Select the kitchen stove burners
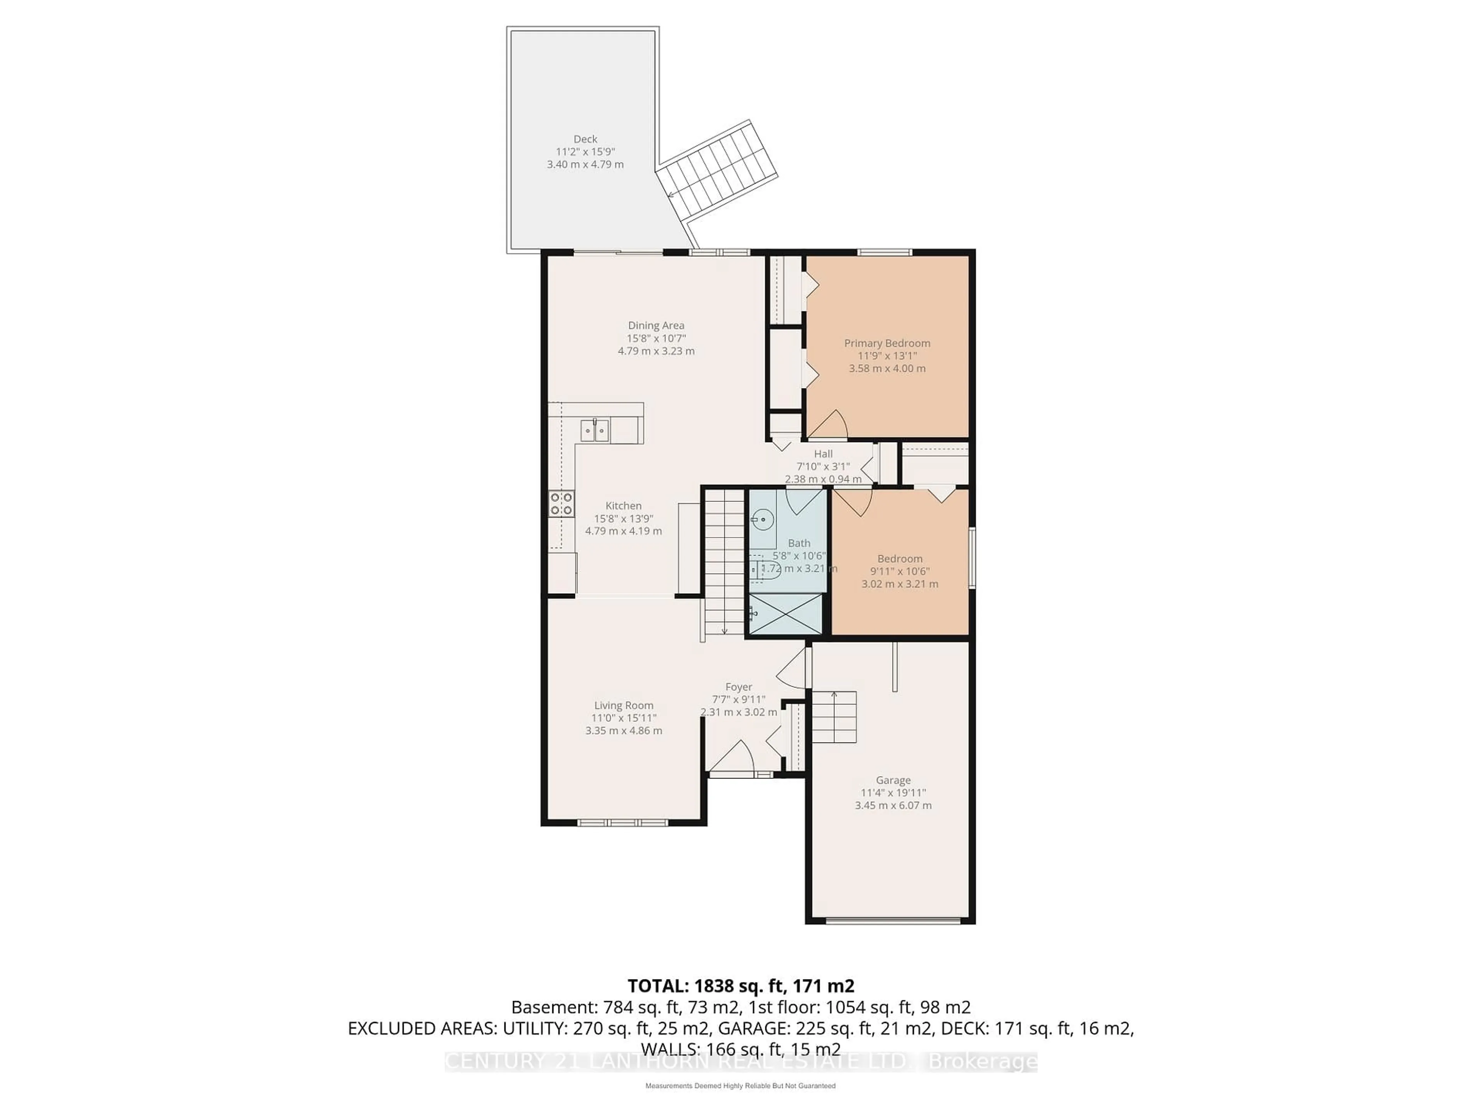(x=562, y=503)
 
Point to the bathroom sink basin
(x=762, y=519)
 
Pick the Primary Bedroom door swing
(x=831, y=425)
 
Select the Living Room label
(x=623, y=705)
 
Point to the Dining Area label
(x=656, y=326)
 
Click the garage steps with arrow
(x=834, y=717)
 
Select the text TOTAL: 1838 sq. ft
(x=740, y=986)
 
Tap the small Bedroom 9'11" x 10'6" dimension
(x=899, y=571)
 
